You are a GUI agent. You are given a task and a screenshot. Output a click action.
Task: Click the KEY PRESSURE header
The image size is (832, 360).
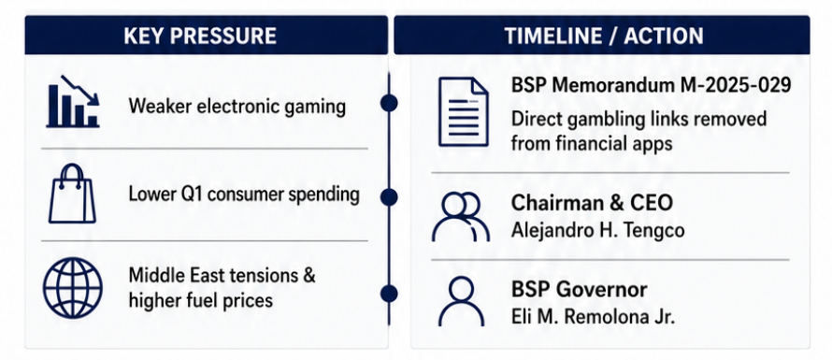click(x=200, y=36)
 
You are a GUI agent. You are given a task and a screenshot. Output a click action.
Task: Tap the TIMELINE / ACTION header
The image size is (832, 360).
click(x=604, y=36)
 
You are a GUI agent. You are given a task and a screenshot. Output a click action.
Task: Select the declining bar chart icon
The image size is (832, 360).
click(x=73, y=101)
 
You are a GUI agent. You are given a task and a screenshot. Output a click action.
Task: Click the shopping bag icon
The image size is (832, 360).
click(x=72, y=194)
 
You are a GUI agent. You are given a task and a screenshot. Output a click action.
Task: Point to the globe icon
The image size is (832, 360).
click(x=73, y=288)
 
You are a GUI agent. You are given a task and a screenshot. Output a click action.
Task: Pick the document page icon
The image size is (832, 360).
click(x=464, y=111)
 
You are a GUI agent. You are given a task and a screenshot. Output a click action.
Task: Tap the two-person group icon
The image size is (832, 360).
click(x=461, y=217)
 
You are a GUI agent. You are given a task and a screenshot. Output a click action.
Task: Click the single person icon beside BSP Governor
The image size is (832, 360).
click(x=461, y=301)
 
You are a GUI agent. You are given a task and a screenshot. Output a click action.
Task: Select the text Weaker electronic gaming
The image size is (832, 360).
click(x=237, y=107)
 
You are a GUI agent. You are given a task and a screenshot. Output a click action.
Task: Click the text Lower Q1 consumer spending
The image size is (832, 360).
click(x=244, y=194)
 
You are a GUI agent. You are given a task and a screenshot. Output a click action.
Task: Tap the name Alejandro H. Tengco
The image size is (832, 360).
click(x=597, y=230)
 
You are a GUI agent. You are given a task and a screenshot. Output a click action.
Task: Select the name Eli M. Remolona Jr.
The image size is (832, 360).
click(x=593, y=316)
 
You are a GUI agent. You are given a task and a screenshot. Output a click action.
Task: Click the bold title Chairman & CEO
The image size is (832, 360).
click(x=592, y=203)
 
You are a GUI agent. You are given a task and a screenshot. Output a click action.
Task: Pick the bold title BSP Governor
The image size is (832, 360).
click(x=580, y=290)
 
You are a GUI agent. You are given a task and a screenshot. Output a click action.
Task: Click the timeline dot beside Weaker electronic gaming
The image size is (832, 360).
click(x=389, y=103)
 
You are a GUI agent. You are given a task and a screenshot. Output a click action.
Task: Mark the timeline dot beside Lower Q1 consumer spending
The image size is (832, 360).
click(x=389, y=197)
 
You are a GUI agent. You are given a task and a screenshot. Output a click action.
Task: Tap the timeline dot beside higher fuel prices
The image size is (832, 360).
click(x=389, y=294)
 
